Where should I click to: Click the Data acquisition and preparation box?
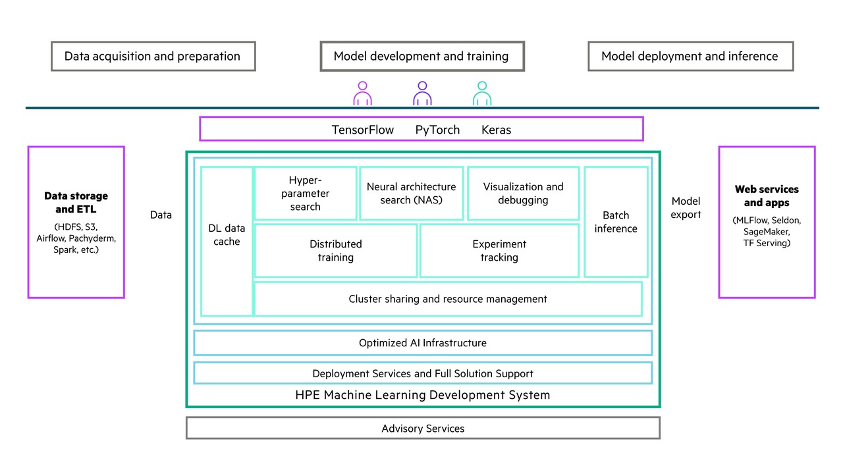[x=153, y=57]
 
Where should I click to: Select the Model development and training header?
[x=421, y=57]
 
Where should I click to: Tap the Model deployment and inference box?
[x=690, y=57]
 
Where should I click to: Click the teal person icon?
[x=481, y=94]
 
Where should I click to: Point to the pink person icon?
[x=362, y=94]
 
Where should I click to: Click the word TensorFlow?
[x=363, y=130]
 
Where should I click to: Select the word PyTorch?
[x=437, y=130]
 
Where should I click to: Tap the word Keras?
[x=496, y=130]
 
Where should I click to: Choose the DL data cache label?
[x=227, y=235]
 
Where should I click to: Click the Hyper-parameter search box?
[x=305, y=193]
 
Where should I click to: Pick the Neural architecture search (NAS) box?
[x=411, y=193]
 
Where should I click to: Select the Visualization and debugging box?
[x=523, y=193]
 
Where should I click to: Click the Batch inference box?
[x=616, y=222]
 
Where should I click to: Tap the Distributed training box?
[x=335, y=251]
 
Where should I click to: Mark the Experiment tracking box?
[x=499, y=251]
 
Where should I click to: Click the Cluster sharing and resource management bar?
[x=448, y=299]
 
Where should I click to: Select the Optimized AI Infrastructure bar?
[x=422, y=343]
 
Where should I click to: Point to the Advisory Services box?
[x=422, y=429]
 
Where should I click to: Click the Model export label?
[x=686, y=207]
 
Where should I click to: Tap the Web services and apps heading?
[x=767, y=196]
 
